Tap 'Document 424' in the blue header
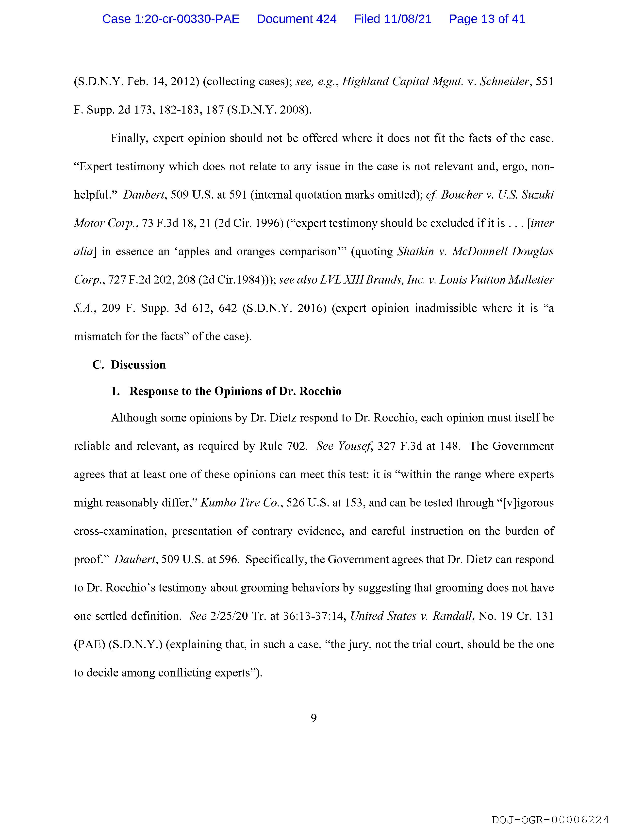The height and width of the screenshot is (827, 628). [297, 19]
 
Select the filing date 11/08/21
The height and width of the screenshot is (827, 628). [407, 19]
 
